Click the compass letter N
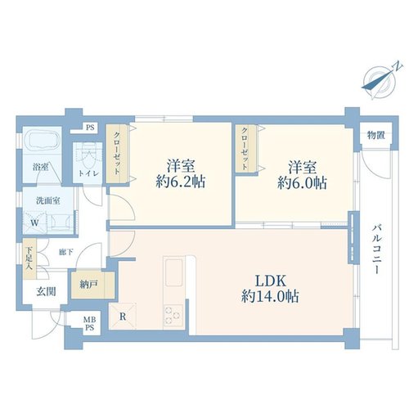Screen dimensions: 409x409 (x=398, y=66)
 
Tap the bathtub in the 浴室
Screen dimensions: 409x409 (x=42, y=141)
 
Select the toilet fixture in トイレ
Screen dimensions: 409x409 (x=88, y=157)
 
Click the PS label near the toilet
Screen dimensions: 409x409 (x=90, y=128)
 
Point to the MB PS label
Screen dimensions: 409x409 (x=89, y=323)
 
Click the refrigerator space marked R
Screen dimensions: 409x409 (x=123, y=317)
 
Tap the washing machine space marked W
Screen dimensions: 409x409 (x=34, y=222)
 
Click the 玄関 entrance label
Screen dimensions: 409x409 (x=46, y=292)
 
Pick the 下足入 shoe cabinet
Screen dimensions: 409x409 (x=29, y=258)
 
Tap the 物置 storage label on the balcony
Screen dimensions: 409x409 (x=376, y=135)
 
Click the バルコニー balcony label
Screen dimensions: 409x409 (x=378, y=249)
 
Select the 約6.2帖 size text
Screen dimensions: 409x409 (x=181, y=182)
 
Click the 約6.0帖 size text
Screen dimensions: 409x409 (x=302, y=183)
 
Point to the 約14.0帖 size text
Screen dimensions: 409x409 (x=270, y=296)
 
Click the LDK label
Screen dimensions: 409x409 (x=271, y=281)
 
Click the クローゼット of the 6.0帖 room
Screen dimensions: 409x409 (x=245, y=148)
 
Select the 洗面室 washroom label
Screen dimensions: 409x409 (x=48, y=201)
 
